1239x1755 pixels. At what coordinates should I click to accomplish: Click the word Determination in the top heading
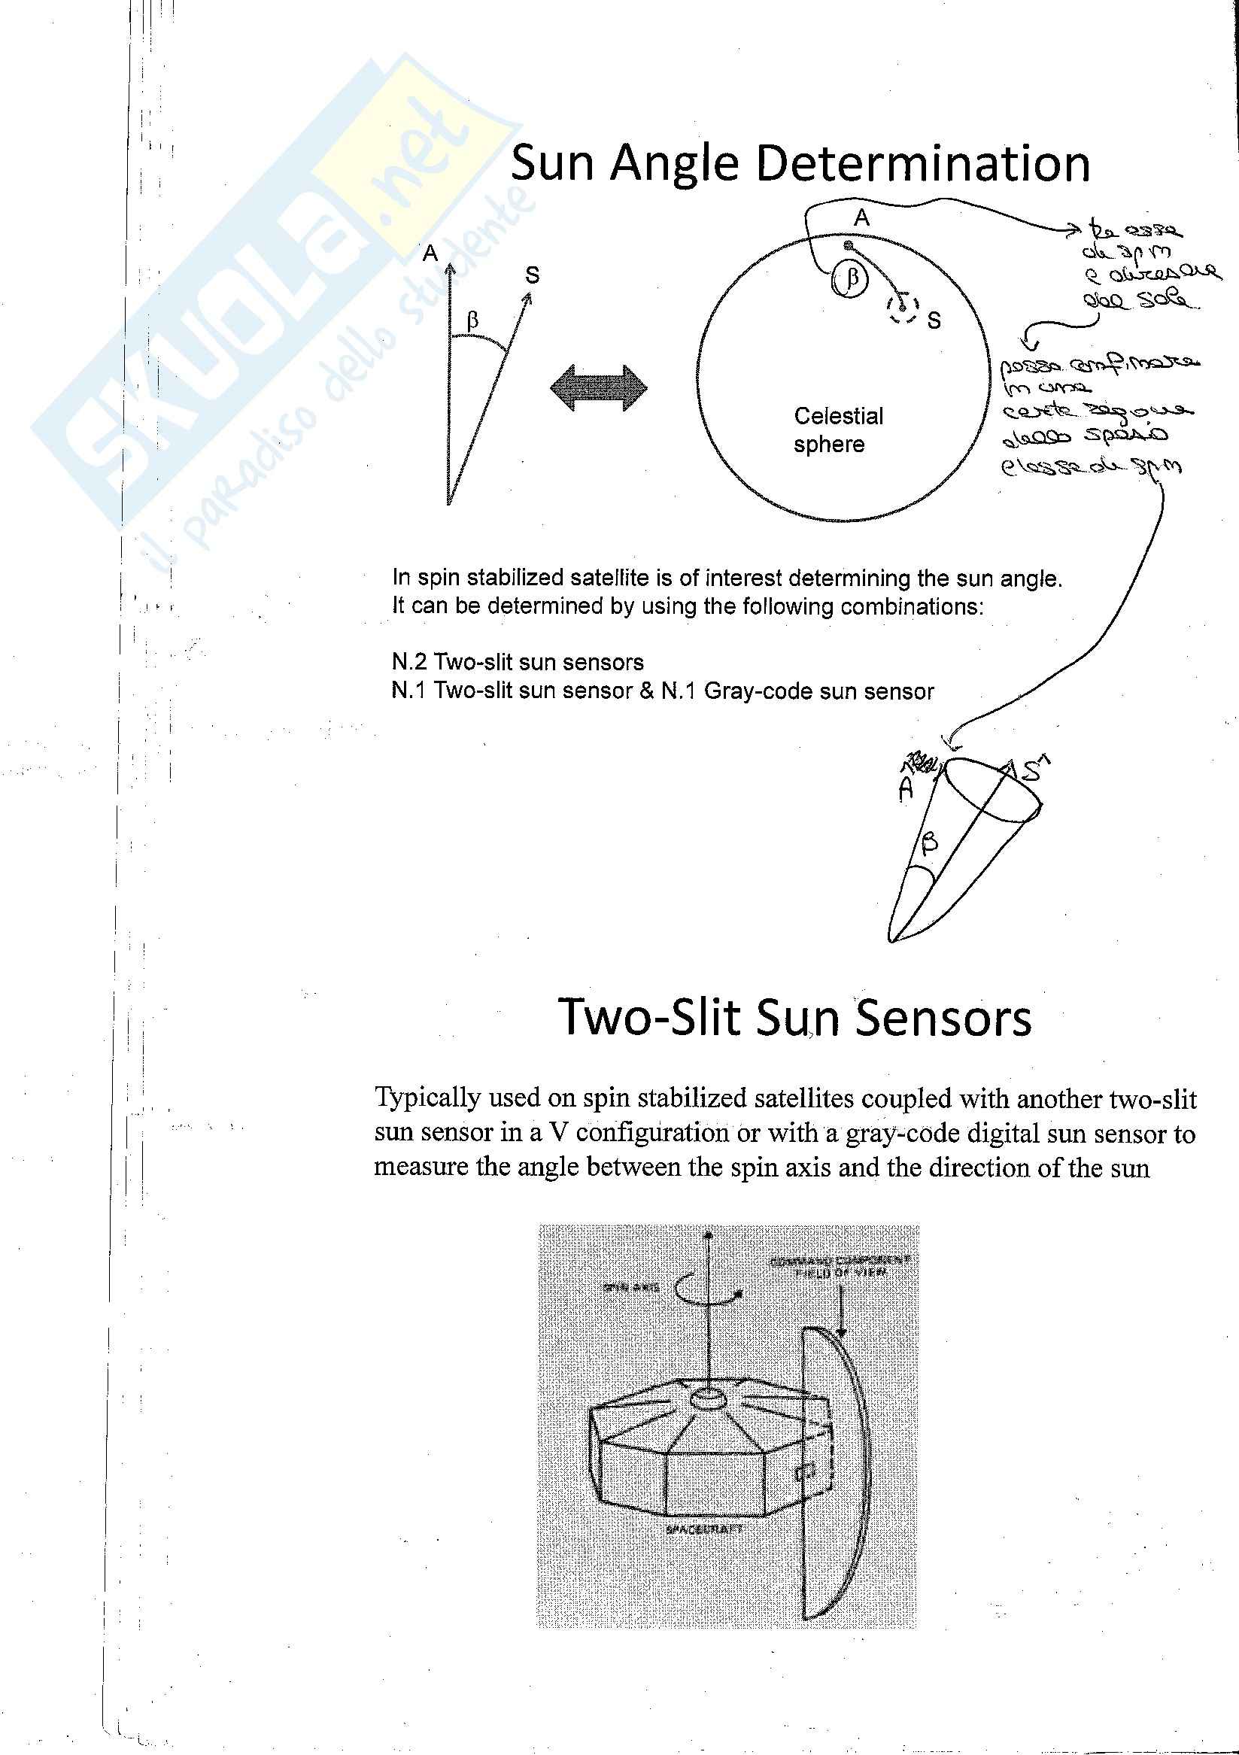922,163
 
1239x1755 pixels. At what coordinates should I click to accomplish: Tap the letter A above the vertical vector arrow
430,253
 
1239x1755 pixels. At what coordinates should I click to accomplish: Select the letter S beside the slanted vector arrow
532,275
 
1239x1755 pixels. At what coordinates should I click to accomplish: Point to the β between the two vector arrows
472,321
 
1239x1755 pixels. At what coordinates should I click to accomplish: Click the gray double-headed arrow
599,387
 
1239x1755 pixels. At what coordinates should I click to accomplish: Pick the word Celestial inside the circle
838,416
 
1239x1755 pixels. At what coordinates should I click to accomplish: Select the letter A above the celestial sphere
861,219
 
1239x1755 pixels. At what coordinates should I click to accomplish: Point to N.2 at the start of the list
409,662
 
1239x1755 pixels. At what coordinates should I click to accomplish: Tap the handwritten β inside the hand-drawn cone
928,844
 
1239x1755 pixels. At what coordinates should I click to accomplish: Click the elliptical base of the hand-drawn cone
993,789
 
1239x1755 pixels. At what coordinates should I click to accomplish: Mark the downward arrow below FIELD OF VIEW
841,1312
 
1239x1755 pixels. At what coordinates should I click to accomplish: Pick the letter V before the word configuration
559,1133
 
